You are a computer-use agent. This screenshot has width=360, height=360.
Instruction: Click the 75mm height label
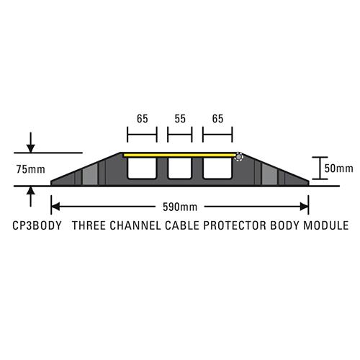click(31, 169)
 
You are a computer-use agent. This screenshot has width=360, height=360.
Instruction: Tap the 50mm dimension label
click(338, 168)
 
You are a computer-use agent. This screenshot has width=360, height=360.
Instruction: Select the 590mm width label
click(180, 207)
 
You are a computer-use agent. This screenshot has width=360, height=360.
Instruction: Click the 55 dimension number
click(180, 119)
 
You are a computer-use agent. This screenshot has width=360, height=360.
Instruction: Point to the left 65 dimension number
click(143, 119)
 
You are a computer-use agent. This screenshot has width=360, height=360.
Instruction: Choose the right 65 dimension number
click(217, 119)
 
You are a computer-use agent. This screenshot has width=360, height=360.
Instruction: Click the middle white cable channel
click(180, 168)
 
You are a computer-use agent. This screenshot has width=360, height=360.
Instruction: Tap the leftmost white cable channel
click(142, 168)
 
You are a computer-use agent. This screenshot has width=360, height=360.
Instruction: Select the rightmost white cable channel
click(217, 168)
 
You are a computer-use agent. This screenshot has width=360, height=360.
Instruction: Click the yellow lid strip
click(179, 156)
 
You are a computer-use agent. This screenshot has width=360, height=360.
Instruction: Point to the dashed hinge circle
click(238, 157)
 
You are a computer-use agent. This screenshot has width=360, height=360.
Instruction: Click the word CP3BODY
click(37, 225)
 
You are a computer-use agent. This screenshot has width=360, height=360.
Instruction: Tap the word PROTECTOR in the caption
click(235, 225)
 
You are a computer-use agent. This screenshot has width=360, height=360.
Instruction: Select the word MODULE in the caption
click(326, 225)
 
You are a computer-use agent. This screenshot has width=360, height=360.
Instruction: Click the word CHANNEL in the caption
click(135, 225)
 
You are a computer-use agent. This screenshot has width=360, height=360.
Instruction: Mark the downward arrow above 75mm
click(30, 143)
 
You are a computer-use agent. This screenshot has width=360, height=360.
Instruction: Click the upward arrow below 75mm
click(30, 197)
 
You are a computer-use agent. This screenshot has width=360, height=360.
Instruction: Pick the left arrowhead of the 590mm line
click(55, 207)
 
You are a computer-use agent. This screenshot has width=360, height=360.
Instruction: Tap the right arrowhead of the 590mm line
click(305, 207)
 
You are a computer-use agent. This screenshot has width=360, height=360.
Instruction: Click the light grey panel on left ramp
click(90, 174)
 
